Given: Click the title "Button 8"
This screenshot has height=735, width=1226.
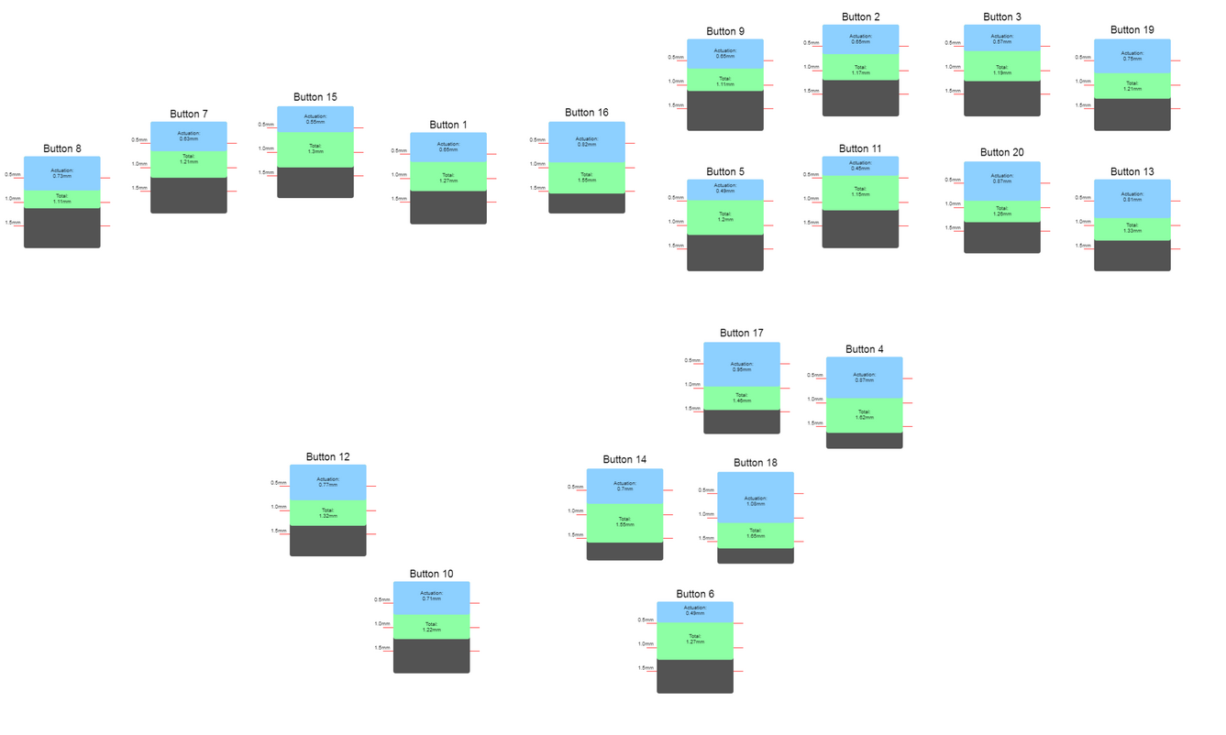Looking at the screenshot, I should pos(62,148).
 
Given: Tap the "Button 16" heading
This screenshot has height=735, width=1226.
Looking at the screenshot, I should pos(587,113).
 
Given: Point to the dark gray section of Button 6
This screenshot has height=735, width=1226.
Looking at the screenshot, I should pos(695,676).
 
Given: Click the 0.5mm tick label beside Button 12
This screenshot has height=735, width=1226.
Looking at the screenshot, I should pos(279,483).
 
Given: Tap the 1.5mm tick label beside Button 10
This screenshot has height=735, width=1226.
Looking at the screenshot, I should pos(382,648).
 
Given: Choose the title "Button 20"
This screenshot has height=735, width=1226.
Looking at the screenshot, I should pos(1001,152).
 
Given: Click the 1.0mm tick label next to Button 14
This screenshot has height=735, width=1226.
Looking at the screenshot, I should pos(575,511).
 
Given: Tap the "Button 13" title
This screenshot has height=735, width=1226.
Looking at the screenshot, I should pos(1132,171).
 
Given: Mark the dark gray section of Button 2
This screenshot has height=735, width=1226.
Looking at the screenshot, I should pos(860,98).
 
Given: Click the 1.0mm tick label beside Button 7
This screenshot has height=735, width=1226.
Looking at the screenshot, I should pos(139,165).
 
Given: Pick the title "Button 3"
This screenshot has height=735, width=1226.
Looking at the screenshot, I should pos(1001,16).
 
